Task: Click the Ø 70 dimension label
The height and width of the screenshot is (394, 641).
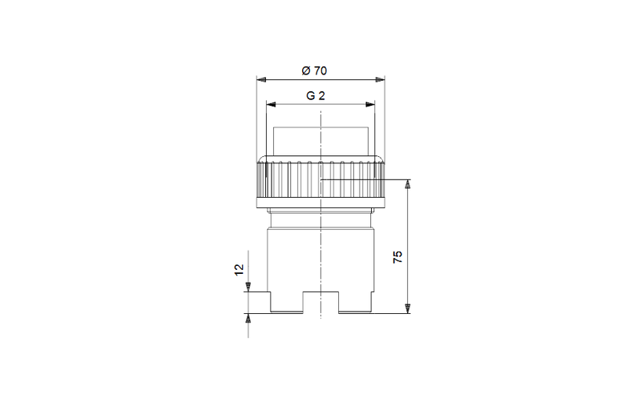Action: [x=314, y=70]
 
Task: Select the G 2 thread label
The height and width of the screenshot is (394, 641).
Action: [x=316, y=95]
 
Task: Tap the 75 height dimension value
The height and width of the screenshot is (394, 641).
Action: [x=397, y=257]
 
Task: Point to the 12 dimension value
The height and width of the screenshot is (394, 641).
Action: [x=239, y=270]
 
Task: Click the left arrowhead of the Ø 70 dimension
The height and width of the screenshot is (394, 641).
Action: [x=261, y=80]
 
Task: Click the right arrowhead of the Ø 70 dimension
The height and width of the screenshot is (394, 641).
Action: [x=380, y=80]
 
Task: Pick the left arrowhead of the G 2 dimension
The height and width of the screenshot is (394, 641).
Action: [x=271, y=105]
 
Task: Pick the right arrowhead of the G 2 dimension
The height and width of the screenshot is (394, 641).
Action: [x=370, y=105]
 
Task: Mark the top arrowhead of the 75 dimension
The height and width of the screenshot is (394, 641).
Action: [x=407, y=184]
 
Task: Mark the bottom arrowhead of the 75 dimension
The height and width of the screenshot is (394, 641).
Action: [x=407, y=308]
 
